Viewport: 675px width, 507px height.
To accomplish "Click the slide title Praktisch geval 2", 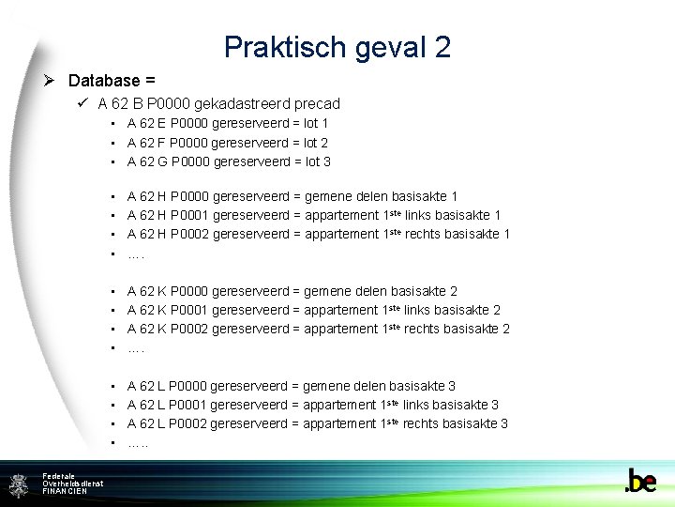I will pyautogui.click(x=337, y=46).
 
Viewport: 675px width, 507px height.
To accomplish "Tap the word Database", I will pyautogui.click(x=103, y=81).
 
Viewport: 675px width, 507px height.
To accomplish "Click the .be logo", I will pyautogui.click(x=641, y=481).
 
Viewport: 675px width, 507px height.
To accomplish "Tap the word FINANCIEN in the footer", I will pyautogui.click(x=65, y=491).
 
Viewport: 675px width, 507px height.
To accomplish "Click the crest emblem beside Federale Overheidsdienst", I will pyautogui.click(x=19, y=484).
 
